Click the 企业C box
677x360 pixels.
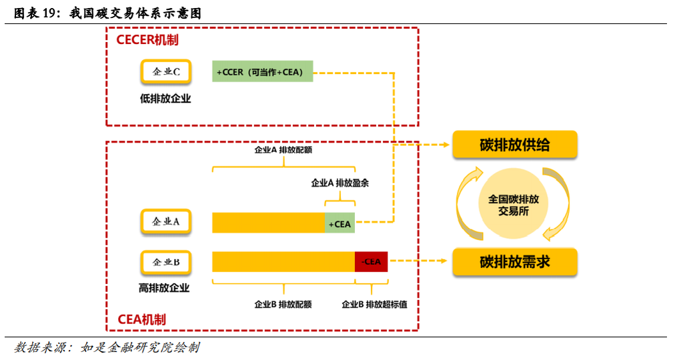pos(166,71)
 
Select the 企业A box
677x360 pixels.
pos(166,222)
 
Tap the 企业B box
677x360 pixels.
pos(166,262)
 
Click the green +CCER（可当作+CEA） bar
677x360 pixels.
pos(263,71)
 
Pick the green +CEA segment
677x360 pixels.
pos(340,223)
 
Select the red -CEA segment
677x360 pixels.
pos(371,261)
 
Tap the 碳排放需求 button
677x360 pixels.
pos(514,261)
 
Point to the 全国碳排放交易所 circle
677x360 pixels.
pos(514,204)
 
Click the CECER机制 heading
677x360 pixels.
pos(147,40)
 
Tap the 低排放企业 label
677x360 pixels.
pos(165,99)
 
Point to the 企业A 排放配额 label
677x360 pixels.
pos(283,150)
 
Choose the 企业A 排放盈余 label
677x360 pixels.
pos(340,183)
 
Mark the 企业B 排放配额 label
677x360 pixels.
pos(283,304)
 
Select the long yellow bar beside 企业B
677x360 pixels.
pos(283,261)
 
